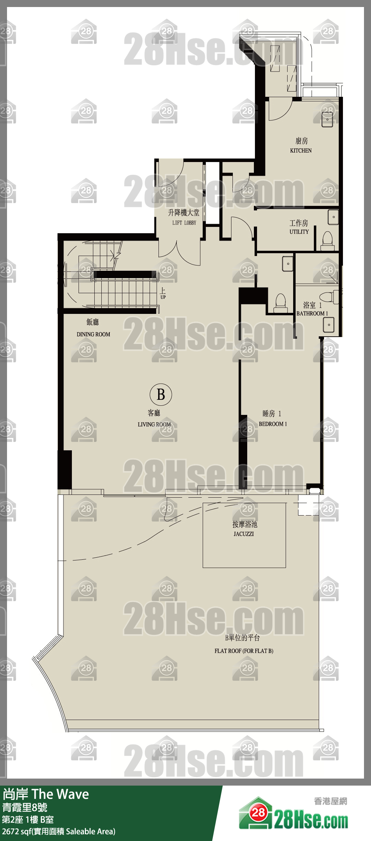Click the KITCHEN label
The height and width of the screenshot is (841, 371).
[301, 150]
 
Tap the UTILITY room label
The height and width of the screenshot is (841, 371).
[299, 232]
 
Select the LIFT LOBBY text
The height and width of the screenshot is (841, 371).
[184, 223]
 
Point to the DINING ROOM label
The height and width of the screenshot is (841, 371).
[93, 334]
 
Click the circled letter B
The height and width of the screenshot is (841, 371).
[161, 394]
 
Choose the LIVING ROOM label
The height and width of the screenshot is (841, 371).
[154, 424]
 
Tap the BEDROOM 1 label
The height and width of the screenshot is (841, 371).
[273, 424]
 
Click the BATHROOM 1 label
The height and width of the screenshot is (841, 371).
[312, 314]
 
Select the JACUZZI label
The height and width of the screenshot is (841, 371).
[244, 534]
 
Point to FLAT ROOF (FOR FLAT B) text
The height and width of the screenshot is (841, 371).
[244, 651]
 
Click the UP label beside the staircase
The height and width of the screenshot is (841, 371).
[163, 297]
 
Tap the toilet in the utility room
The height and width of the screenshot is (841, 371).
[328, 241]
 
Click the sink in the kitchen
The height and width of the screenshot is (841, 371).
[328, 119]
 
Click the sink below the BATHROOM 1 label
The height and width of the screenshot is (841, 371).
[329, 325]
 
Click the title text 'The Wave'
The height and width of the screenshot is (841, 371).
[60, 794]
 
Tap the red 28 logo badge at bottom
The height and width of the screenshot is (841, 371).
[258, 813]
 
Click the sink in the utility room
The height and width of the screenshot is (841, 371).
[333, 217]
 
